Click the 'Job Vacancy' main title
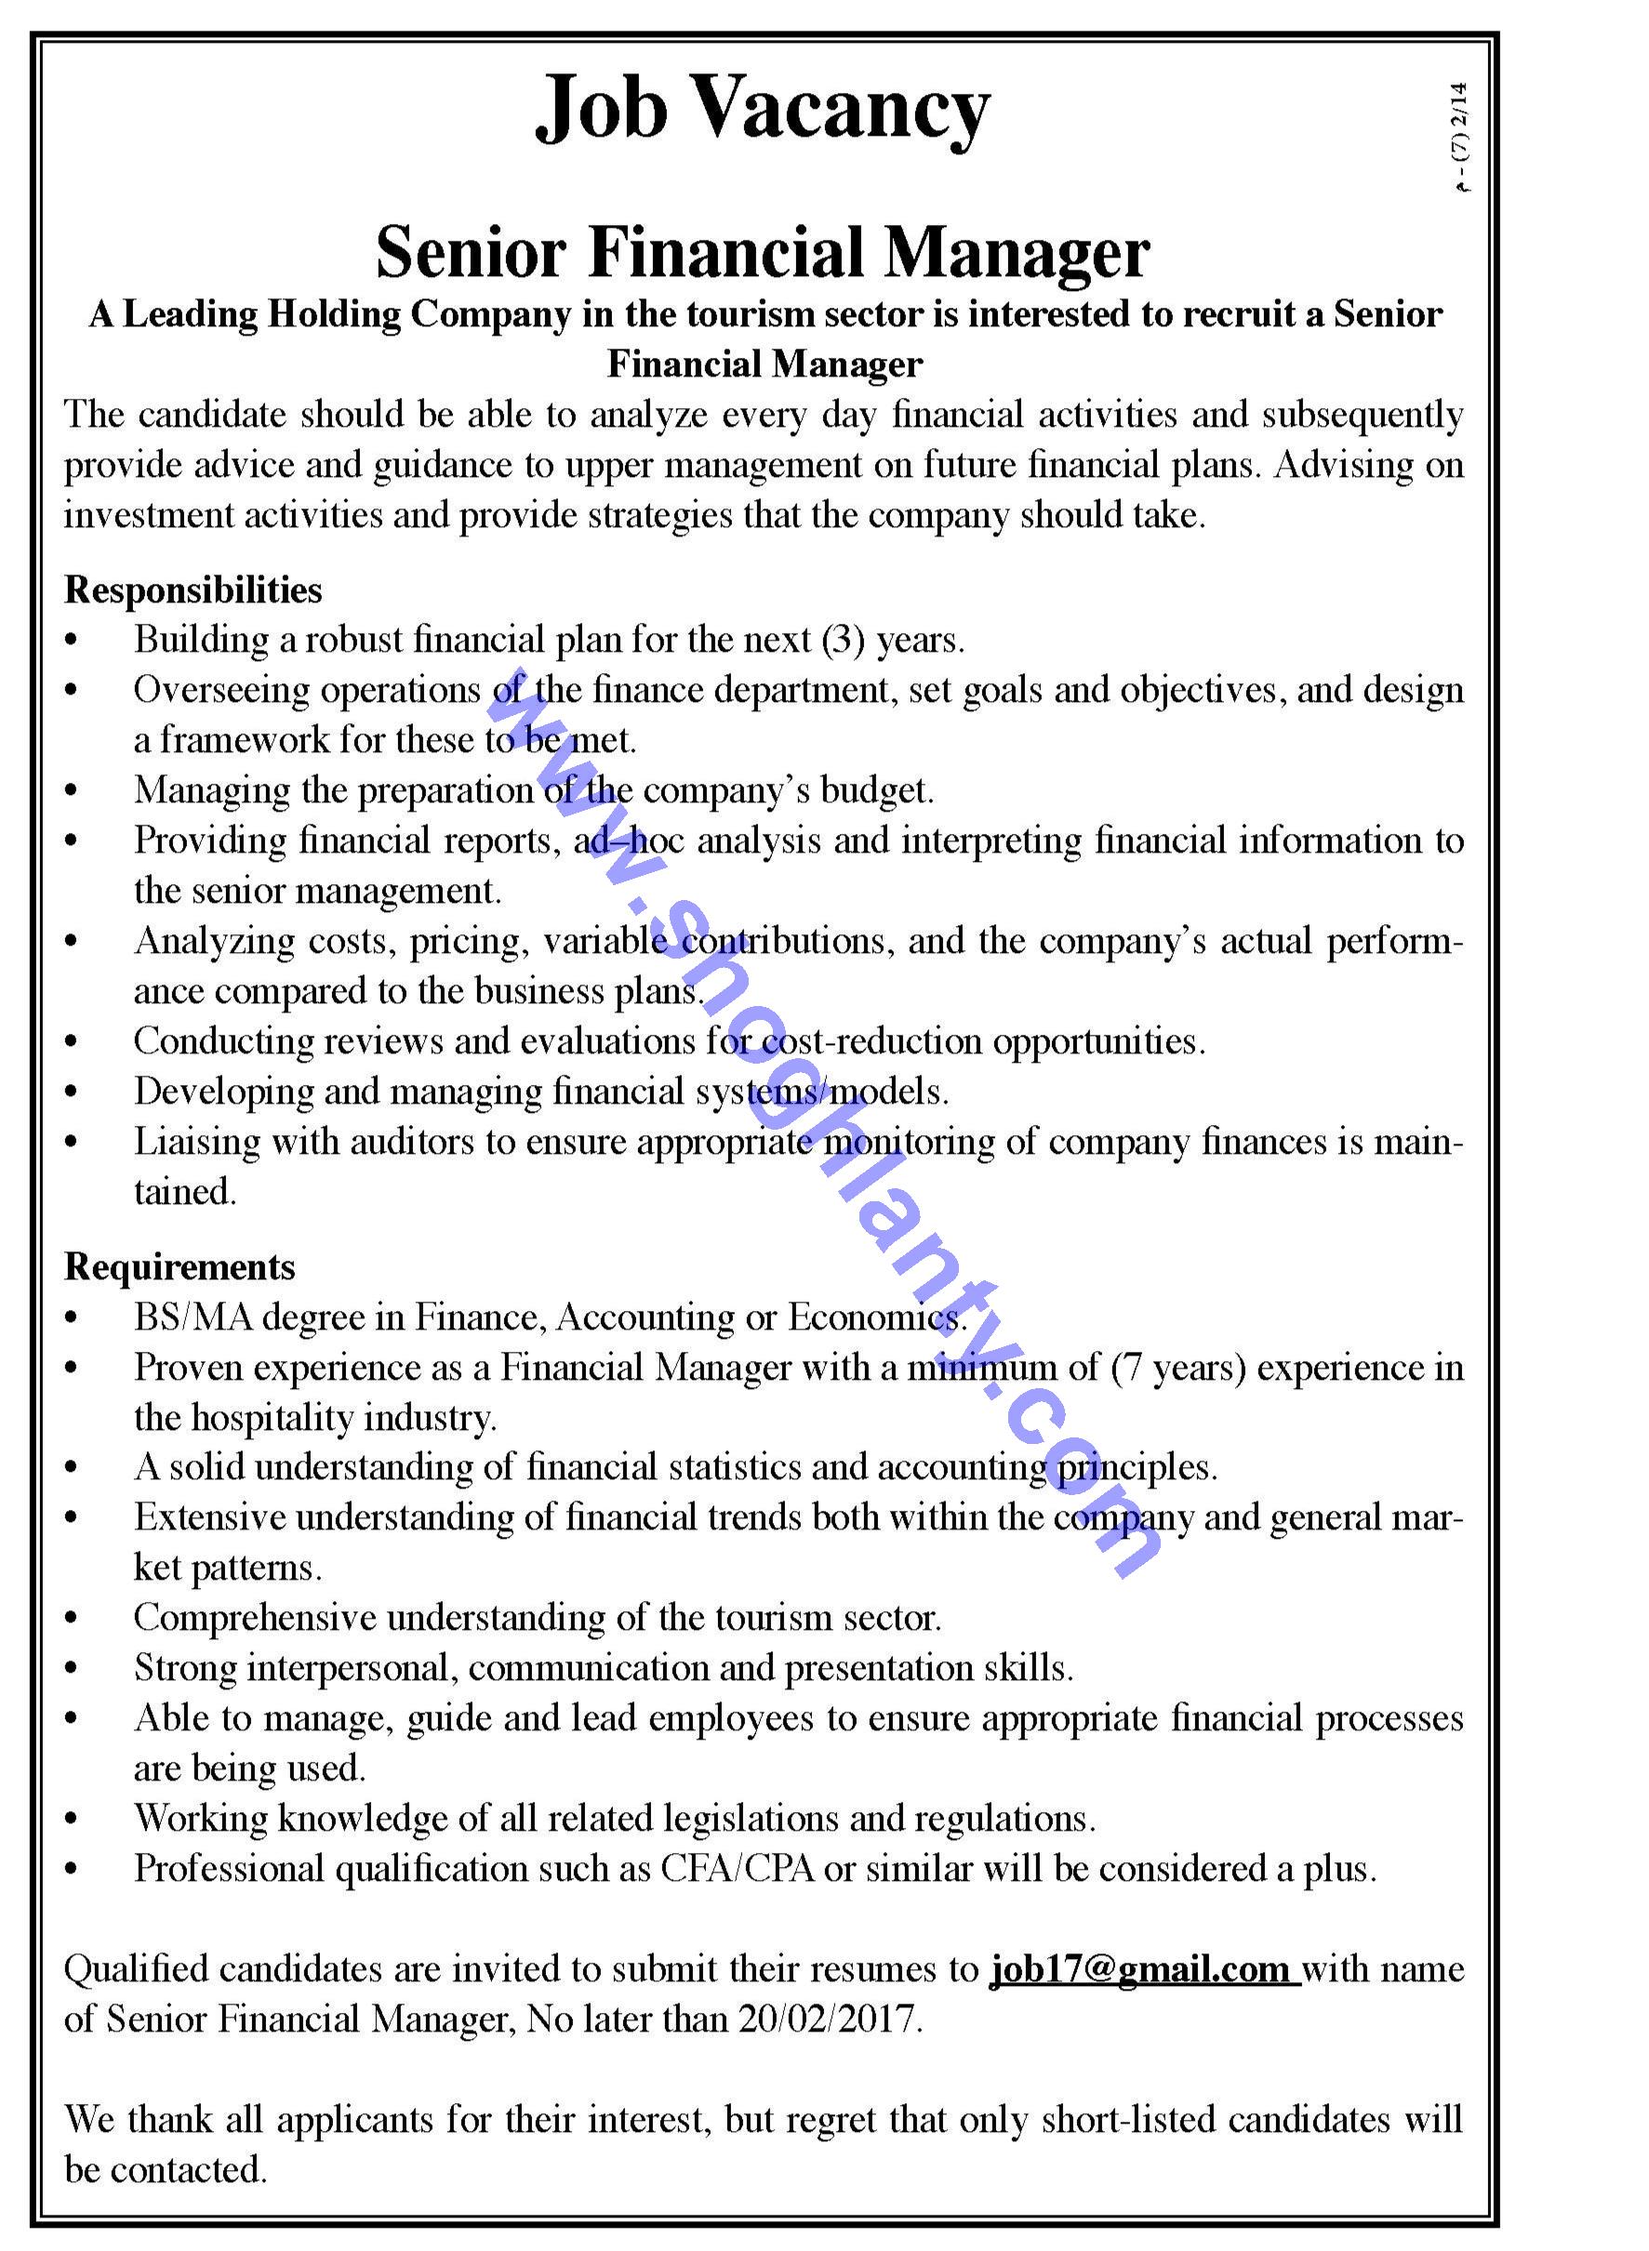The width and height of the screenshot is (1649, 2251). (x=763, y=110)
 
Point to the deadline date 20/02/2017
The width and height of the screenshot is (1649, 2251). (x=827, y=2019)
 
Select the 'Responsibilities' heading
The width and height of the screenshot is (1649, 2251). (x=193, y=589)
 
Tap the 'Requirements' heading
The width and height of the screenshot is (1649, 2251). (x=180, y=1266)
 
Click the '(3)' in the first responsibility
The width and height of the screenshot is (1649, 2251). (x=844, y=640)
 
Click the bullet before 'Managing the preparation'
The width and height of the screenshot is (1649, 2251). (x=71, y=790)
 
